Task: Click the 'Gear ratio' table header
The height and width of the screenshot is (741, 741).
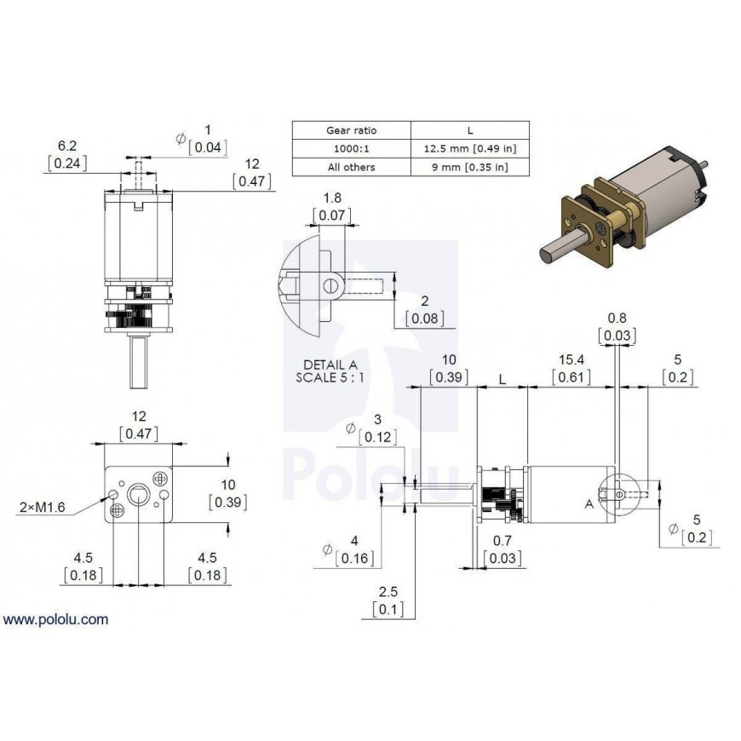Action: [x=351, y=130]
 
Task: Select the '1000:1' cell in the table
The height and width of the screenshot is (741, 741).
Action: [x=351, y=148]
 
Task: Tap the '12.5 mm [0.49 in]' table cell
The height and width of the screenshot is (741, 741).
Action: [x=470, y=148]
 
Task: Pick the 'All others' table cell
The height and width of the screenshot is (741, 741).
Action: [x=351, y=167]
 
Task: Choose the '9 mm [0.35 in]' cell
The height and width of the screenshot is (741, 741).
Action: [x=470, y=167]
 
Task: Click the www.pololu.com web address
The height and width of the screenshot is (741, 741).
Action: [x=55, y=619]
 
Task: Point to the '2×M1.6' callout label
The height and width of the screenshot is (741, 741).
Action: [x=42, y=507]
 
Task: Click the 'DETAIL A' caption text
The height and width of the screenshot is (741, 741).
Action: [x=330, y=365]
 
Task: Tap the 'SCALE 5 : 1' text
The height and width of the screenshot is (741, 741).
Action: [x=330, y=377]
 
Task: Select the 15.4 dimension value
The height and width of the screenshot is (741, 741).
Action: [x=572, y=359]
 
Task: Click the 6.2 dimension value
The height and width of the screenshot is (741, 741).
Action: [x=67, y=146]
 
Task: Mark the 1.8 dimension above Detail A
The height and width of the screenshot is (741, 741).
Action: [x=332, y=198]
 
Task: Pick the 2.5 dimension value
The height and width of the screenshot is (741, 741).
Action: [x=388, y=592]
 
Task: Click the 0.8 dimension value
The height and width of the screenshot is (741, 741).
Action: [x=617, y=318]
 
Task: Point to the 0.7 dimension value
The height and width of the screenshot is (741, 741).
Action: [x=503, y=540]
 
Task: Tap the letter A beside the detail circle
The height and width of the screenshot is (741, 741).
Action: [x=589, y=504]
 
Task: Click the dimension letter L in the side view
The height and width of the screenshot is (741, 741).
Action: [x=503, y=380]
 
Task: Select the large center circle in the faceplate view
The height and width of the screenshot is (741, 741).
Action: [x=138, y=495]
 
